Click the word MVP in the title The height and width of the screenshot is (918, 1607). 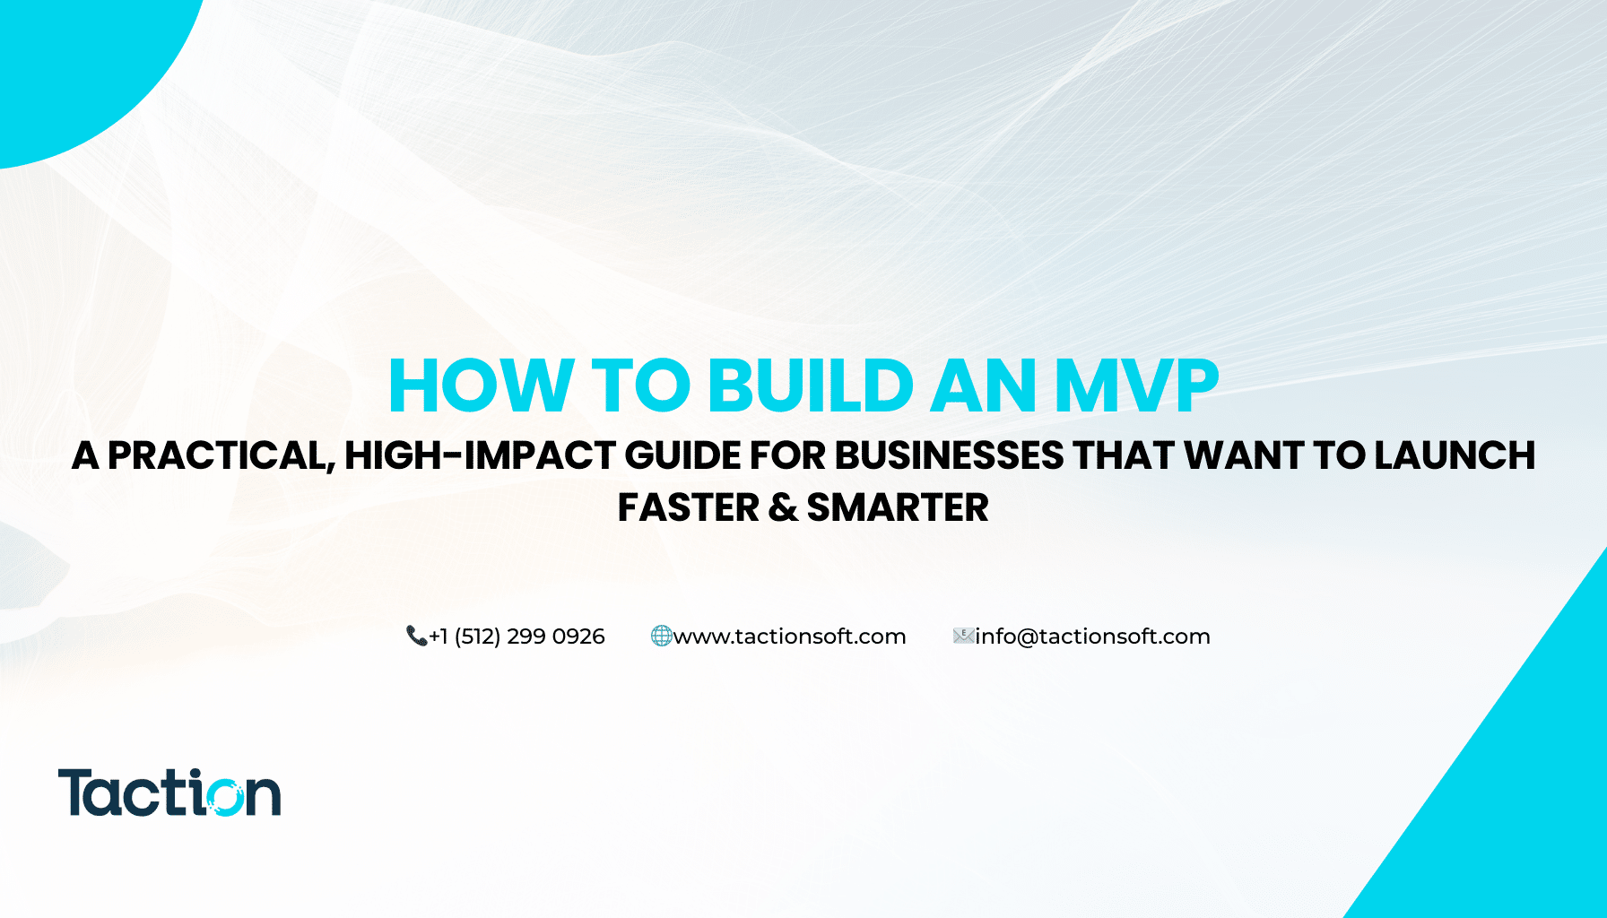[x=1136, y=386]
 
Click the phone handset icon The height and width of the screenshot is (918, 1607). [x=416, y=636]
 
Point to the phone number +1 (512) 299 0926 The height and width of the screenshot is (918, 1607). [x=517, y=637]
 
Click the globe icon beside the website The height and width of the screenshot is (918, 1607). [x=661, y=636]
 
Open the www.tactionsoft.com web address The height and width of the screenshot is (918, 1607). [x=789, y=637]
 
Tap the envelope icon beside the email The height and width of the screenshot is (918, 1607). [x=963, y=636]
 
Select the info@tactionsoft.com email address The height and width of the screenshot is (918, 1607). [x=1092, y=637]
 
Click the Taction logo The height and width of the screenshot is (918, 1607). [x=169, y=792]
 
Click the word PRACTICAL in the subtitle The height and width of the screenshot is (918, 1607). [x=221, y=456]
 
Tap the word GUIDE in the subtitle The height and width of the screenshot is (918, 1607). [x=682, y=455]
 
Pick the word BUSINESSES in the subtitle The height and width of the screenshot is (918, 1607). [x=950, y=455]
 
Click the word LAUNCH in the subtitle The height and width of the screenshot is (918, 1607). [x=1455, y=455]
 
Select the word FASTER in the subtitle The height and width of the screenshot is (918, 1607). [x=689, y=508]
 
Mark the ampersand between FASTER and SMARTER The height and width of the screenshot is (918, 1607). [x=783, y=508]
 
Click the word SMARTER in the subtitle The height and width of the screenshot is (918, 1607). [x=898, y=508]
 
